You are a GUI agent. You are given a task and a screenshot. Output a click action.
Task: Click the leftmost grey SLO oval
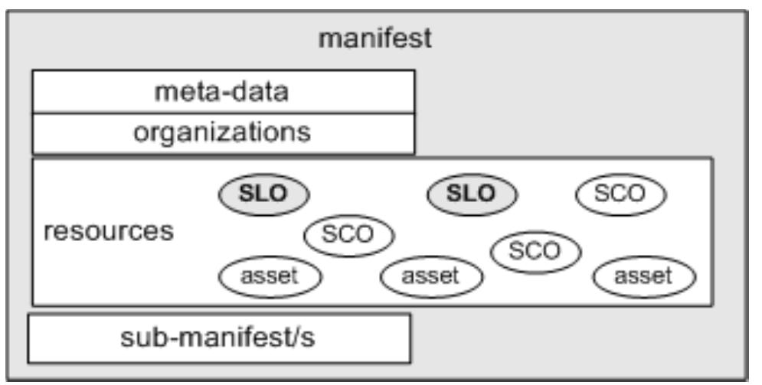coord(263,194)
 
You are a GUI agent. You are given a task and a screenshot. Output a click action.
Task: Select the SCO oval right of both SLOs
coord(620,194)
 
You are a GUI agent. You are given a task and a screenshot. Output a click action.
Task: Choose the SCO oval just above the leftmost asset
coord(348,234)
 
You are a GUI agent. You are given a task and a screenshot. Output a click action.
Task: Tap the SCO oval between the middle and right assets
coord(535,250)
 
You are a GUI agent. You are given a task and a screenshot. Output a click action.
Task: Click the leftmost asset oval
coord(270,276)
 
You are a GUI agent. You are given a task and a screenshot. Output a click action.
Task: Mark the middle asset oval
coord(431,276)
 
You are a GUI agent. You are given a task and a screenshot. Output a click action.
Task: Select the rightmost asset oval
coord(644,276)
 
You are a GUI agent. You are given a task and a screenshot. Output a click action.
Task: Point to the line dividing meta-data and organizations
coord(223,113)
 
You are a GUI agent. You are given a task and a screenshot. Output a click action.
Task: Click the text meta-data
coord(222,92)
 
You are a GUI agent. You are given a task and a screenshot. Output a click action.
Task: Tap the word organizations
coord(222,133)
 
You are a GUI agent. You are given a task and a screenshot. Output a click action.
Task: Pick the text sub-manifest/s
coord(219,338)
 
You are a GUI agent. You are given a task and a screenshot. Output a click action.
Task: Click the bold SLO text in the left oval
coord(263,194)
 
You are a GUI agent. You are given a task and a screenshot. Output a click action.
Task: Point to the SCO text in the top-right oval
coord(620,194)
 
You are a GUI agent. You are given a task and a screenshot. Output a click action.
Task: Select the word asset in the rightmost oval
coord(644,276)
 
